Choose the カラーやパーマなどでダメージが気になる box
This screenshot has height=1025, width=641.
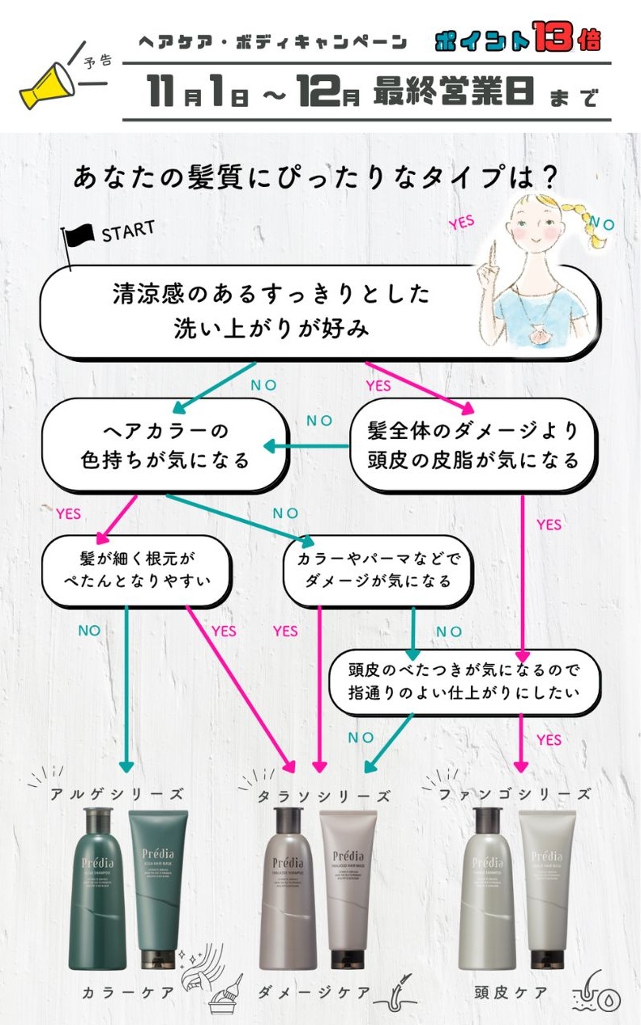click(x=378, y=570)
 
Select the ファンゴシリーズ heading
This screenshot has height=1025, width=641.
click(x=515, y=794)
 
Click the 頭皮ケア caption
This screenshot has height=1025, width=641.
click(x=511, y=993)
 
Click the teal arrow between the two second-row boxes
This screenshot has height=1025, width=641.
click(x=305, y=446)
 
